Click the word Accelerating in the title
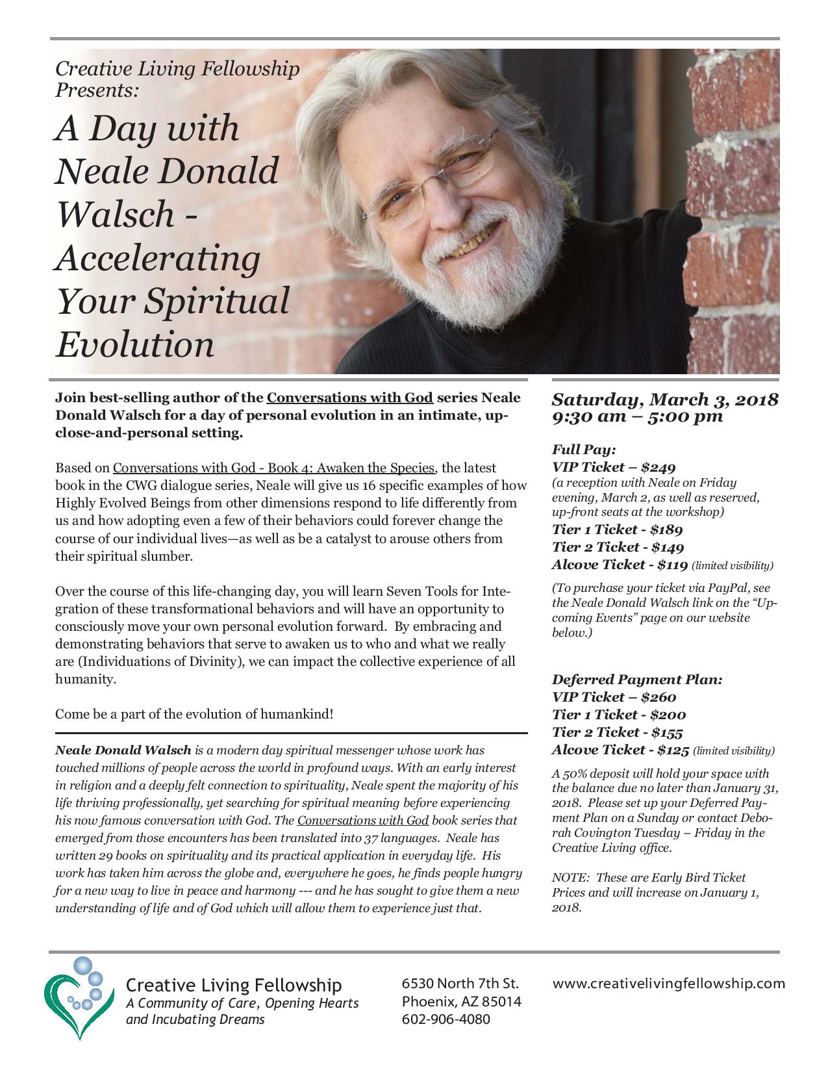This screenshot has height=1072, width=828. pyautogui.click(x=157, y=259)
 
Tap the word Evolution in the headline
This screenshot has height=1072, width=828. pyautogui.click(x=134, y=344)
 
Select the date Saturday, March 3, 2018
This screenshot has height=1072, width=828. pyautogui.click(x=664, y=399)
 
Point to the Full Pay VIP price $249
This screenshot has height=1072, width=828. pyautogui.click(x=657, y=466)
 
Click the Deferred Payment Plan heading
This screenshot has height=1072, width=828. pyautogui.click(x=636, y=680)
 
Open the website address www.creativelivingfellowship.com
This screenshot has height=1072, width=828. pyautogui.click(x=668, y=984)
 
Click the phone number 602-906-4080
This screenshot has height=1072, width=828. pyautogui.click(x=446, y=1019)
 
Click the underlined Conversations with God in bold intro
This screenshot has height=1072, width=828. pyautogui.click(x=349, y=398)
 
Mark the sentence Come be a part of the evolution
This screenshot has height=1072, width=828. pyautogui.click(x=194, y=714)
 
